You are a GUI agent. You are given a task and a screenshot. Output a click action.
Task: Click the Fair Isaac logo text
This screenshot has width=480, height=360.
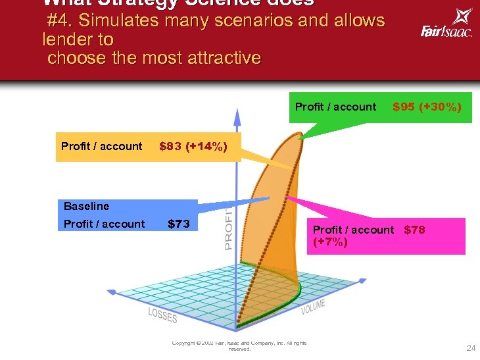[446, 31]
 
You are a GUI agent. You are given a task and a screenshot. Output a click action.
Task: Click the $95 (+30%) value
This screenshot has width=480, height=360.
[427, 107]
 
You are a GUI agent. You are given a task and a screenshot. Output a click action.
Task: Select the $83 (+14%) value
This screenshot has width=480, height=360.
[193, 146]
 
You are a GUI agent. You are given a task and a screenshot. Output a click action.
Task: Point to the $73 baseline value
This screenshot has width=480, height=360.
[179, 224]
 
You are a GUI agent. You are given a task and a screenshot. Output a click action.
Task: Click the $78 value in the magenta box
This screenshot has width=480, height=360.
[414, 230]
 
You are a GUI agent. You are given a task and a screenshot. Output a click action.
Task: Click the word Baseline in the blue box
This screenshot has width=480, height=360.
[87, 206]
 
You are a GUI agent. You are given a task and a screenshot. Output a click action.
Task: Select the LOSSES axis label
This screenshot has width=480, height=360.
[162, 315]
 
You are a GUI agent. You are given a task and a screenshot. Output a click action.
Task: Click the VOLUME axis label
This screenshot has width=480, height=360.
[314, 306]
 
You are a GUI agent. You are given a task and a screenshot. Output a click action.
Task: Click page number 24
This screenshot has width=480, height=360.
[471, 348]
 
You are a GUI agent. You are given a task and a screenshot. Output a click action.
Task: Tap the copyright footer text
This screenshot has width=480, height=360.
[239, 346]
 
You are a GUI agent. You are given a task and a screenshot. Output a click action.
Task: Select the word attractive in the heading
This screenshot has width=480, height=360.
[222, 58]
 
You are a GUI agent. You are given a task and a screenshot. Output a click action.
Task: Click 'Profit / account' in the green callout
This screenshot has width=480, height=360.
[335, 107]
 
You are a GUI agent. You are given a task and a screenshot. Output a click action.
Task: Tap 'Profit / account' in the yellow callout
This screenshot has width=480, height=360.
[101, 146]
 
